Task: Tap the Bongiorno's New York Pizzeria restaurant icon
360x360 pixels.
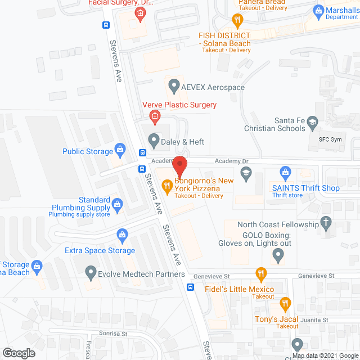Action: coord(166,184)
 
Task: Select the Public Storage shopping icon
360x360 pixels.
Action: coord(120,150)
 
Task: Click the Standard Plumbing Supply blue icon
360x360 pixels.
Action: coord(117,204)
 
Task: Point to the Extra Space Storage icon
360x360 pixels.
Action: coord(121,234)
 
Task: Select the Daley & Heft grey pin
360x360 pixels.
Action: coord(152,139)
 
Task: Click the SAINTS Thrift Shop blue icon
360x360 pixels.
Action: coord(286,171)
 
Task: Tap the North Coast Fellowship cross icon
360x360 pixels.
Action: coord(326,223)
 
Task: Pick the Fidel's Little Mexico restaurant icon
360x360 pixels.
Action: coord(260,274)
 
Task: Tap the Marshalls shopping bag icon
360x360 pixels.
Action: coord(318,11)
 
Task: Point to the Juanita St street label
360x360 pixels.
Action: coord(315,320)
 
